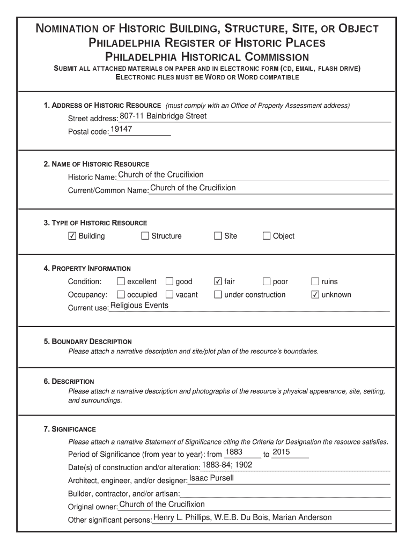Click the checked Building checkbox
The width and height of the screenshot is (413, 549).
point(72,236)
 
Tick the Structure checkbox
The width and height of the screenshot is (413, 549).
point(145,236)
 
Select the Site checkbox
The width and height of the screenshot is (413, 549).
point(218,236)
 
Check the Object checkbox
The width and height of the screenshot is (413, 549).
point(267,236)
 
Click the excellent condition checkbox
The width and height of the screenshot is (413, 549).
point(121,281)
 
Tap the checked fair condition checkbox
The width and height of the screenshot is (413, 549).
point(218,281)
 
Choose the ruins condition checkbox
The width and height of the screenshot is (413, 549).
point(315,281)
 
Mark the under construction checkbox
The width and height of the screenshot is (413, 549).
point(218,294)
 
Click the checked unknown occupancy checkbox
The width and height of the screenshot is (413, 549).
point(315,294)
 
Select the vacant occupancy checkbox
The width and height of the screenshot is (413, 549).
point(169,294)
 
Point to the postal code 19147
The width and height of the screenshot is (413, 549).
point(121,130)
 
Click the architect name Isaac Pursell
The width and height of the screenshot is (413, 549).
point(211,478)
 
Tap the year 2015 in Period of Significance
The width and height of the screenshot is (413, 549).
point(281,452)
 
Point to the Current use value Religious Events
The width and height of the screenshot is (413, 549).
point(139,306)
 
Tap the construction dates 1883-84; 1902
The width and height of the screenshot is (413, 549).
point(227,465)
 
